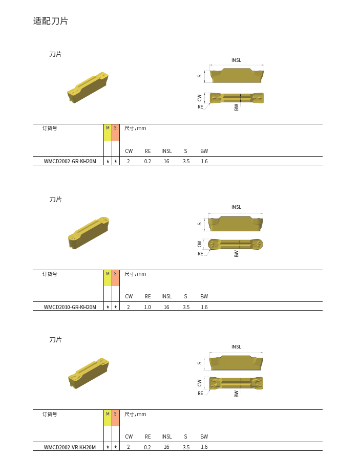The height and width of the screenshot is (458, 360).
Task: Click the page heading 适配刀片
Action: (51, 21)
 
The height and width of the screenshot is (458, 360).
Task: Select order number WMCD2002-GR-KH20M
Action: (70, 161)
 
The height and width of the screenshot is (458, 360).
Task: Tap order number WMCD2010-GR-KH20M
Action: (70, 307)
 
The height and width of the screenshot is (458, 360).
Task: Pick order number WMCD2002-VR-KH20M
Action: (70, 447)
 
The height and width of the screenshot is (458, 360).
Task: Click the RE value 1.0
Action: (147, 307)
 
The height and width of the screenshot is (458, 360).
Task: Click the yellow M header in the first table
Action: (108, 133)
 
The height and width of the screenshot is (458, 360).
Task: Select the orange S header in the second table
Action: (115, 278)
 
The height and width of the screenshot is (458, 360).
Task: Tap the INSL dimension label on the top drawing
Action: (237, 60)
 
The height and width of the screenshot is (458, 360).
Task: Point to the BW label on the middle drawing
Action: (237, 254)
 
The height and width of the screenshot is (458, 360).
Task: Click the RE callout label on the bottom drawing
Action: (200, 394)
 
